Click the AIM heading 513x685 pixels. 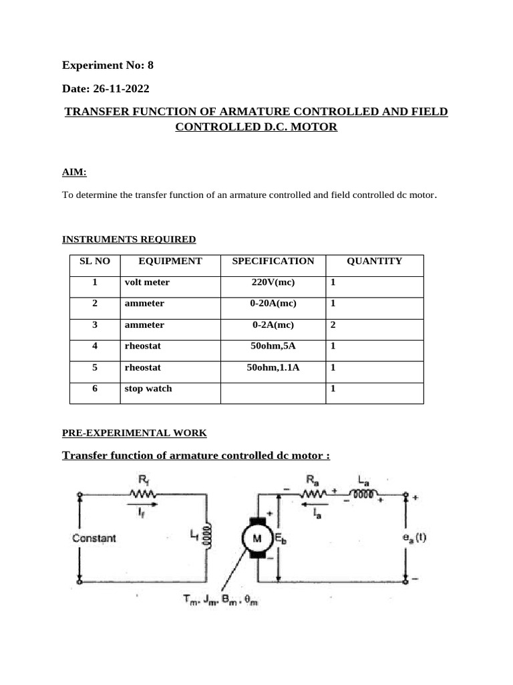pyautogui.click(x=74, y=173)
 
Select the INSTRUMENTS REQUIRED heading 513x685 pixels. pyautogui.click(x=129, y=239)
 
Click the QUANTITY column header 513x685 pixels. pyautogui.click(x=374, y=261)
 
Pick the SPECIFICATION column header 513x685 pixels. pyautogui.click(x=273, y=261)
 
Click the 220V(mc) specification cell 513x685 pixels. pyautogui.click(x=273, y=282)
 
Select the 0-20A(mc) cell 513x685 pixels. pyautogui.click(x=273, y=304)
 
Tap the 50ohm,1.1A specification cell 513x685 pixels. pyautogui.click(x=273, y=367)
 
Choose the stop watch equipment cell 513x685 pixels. pyautogui.click(x=148, y=389)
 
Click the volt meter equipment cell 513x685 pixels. pyautogui.click(x=147, y=282)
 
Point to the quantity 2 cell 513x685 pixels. pyautogui.click(x=333, y=325)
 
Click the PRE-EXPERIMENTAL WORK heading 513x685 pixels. pyautogui.click(x=134, y=433)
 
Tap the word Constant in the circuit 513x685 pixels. pyautogui.click(x=94, y=538)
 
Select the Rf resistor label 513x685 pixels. pyautogui.click(x=143, y=480)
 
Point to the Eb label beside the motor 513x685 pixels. pyautogui.click(x=280, y=538)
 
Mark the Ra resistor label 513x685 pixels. pyautogui.click(x=312, y=480)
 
